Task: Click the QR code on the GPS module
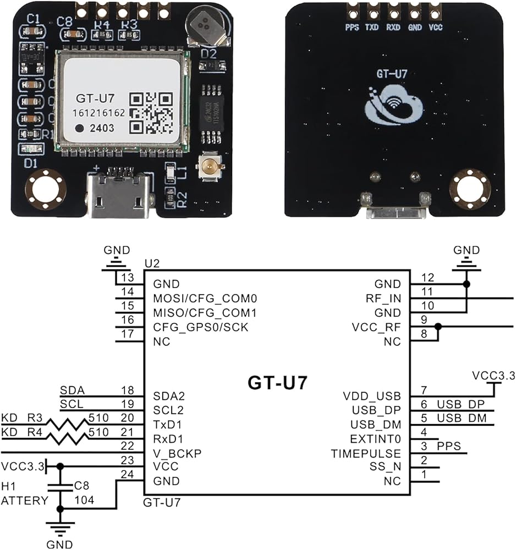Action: [x=151, y=114]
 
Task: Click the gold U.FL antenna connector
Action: [x=208, y=164]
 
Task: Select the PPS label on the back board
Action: [x=352, y=27]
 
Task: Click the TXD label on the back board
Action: [x=372, y=27]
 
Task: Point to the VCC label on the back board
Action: [x=435, y=27]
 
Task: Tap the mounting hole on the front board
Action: [x=43, y=189]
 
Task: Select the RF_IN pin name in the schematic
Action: [x=385, y=299]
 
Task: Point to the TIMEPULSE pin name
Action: [x=366, y=454]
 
